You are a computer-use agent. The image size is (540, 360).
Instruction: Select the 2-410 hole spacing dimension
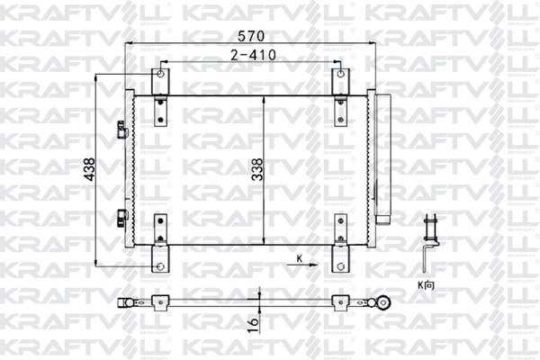pos(251,55)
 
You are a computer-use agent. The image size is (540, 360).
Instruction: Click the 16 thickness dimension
pos(254,319)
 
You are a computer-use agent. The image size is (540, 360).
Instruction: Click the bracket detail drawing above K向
pos(430,242)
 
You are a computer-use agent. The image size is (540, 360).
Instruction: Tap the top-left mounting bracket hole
pos(160,74)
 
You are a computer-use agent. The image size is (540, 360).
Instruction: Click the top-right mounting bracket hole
pos(341,74)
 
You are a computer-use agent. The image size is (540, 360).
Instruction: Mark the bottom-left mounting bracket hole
pos(160,266)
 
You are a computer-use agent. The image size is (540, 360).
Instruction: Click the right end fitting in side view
pos(383,302)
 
